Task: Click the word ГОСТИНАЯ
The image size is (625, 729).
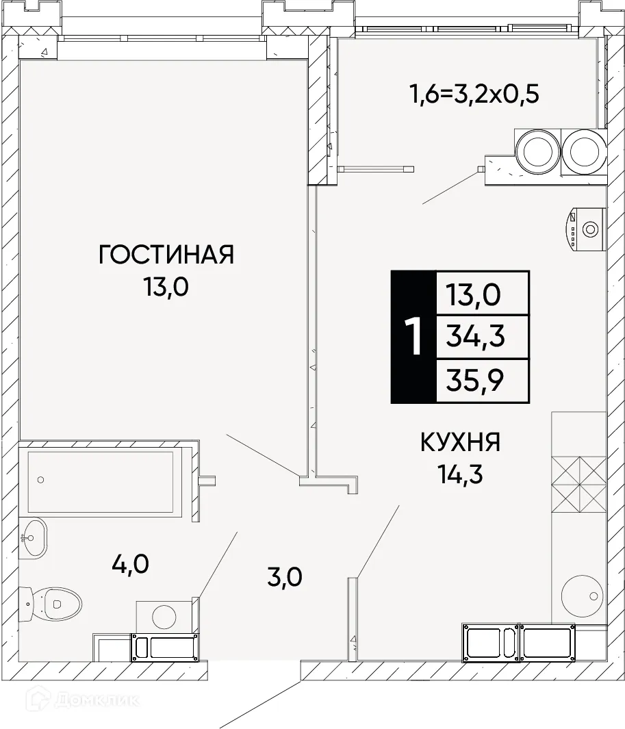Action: click(x=166, y=255)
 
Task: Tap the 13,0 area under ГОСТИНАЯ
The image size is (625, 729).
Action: click(x=166, y=287)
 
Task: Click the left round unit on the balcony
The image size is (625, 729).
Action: click(x=537, y=151)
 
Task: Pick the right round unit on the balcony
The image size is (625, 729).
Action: click(x=584, y=151)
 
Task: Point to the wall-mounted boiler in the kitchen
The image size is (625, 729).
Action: click(x=585, y=229)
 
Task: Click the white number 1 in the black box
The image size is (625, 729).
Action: click(x=413, y=337)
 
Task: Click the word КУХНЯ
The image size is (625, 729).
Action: click(x=460, y=443)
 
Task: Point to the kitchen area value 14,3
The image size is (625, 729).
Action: click(x=460, y=474)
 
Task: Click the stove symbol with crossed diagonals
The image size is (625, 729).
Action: click(x=578, y=481)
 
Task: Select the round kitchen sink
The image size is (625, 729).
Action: click(x=582, y=596)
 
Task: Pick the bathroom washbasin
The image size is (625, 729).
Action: click(x=32, y=538)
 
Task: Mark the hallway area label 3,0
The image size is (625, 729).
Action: click(x=283, y=578)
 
